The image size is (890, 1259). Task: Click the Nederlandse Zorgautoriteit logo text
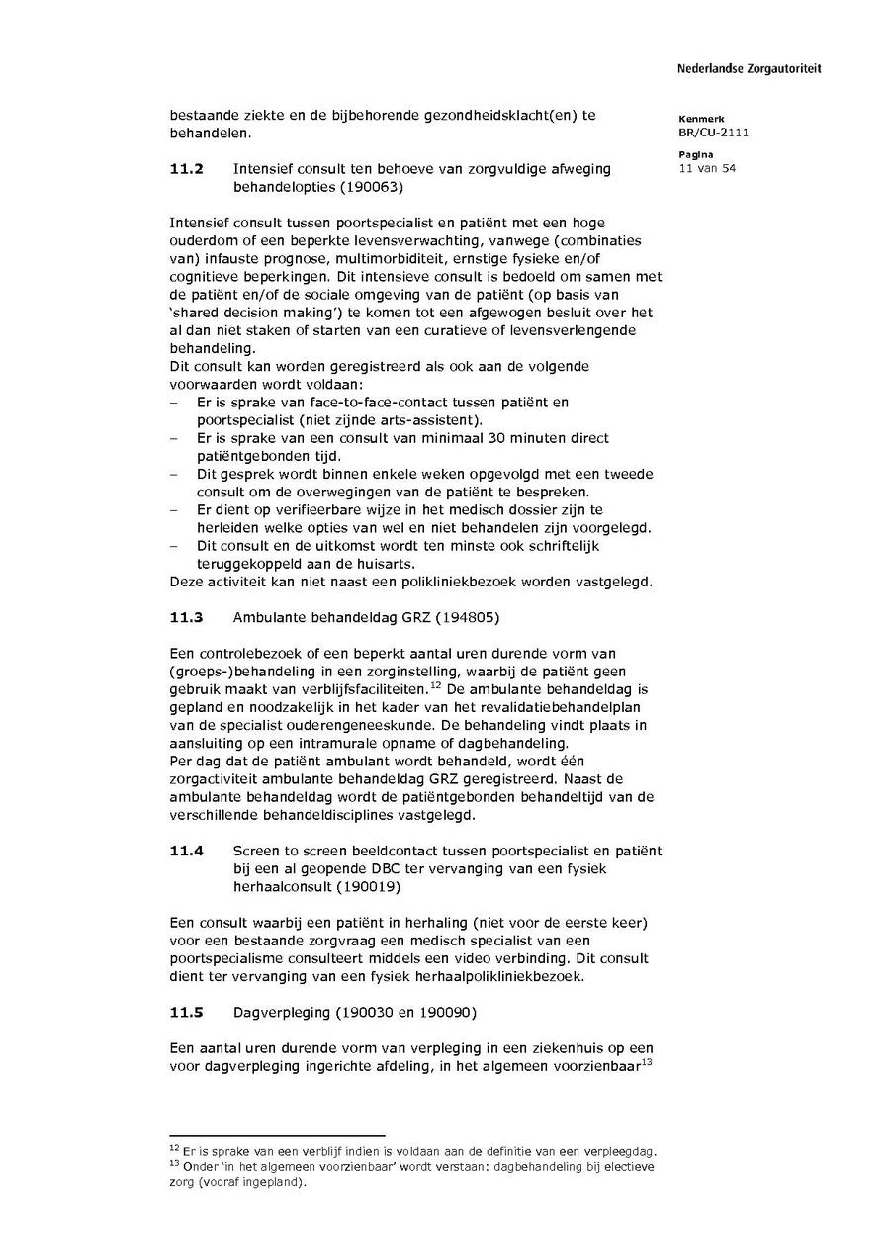(749, 69)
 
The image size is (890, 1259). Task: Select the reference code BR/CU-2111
(713, 132)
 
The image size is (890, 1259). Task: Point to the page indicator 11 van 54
(707, 169)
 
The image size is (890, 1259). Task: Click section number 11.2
(186, 169)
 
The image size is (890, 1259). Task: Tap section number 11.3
(186, 618)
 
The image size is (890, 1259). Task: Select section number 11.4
(186, 851)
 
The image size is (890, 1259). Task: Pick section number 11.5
(186, 1013)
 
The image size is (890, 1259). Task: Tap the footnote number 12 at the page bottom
(174, 1148)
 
